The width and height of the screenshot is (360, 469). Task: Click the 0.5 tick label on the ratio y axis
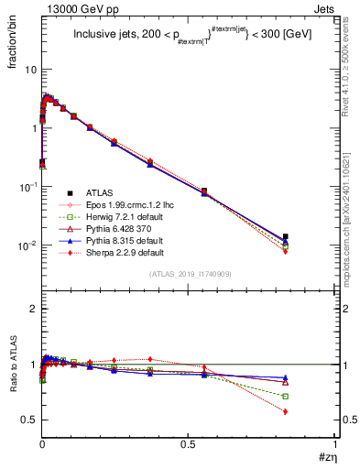point(29,420)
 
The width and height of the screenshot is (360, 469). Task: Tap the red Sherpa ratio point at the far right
point(286,411)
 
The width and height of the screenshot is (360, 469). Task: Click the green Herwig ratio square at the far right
point(286,397)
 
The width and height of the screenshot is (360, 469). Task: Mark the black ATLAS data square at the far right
point(286,236)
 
